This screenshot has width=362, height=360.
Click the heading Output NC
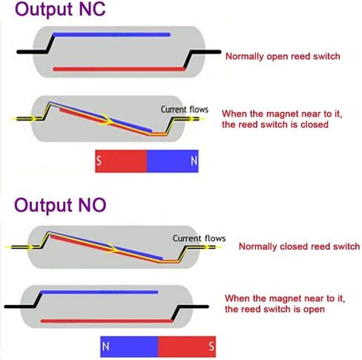click(x=60, y=10)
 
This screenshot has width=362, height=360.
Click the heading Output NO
click(x=60, y=205)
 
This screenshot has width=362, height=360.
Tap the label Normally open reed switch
click(x=283, y=56)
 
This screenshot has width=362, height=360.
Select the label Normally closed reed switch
click(x=299, y=246)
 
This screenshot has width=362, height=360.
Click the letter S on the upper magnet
click(x=99, y=161)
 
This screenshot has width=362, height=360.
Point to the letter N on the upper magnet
click(x=194, y=161)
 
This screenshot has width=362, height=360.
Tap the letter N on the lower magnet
click(x=105, y=346)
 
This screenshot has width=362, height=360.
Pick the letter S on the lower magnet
click(x=211, y=346)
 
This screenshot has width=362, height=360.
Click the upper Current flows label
click(x=185, y=109)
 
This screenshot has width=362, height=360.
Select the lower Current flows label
click(x=199, y=238)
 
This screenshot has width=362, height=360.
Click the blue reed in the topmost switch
click(x=112, y=35)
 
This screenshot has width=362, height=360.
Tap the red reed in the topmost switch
click(x=119, y=69)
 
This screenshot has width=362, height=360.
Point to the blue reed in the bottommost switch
click(x=99, y=292)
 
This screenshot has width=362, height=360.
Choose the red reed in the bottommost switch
click(x=107, y=321)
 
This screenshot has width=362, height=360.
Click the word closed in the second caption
click(x=315, y=125)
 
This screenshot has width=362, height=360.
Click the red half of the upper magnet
click(x=121, y=161)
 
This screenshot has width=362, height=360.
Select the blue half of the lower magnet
click(x=129, y=346)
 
